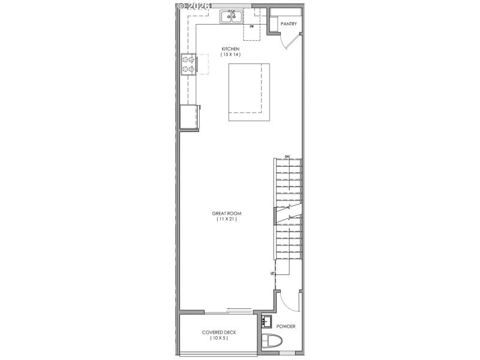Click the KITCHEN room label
pos(230,49)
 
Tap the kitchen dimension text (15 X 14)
pos(230,55)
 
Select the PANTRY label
pos(289,24)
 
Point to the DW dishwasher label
pos(252,27)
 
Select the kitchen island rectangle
pos(248,92)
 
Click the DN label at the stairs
pos(287,157)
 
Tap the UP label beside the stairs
pos(272,273)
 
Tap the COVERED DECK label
pos(218,332)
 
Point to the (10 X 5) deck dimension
pos(218,338)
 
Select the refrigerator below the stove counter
pos(190,116)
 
